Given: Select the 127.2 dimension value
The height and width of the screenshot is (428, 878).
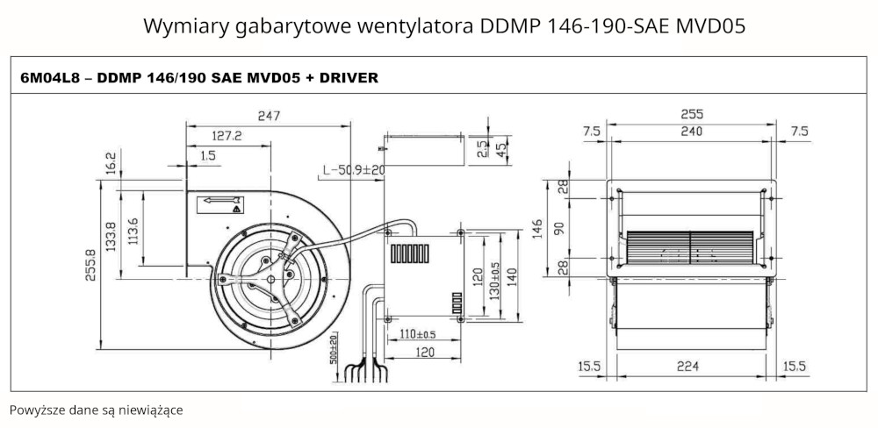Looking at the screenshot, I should point(227,136).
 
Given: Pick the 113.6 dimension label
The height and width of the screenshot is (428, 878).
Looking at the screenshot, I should point(133,232).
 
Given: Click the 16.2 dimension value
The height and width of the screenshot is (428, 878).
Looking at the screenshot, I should point(111,164).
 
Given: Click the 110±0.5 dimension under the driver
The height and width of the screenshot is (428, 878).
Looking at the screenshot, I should point(418,334).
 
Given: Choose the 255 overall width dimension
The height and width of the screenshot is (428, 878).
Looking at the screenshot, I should point(692,115).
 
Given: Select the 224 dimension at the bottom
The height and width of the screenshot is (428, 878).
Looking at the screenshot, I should point(692,365).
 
